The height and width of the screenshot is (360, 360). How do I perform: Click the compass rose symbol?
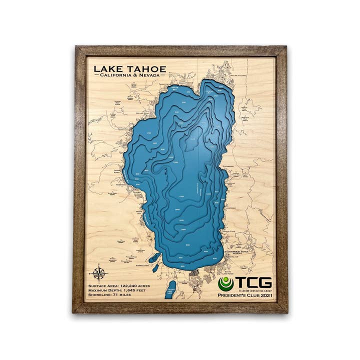point(99,272)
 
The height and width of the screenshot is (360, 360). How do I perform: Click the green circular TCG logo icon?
point(225,284)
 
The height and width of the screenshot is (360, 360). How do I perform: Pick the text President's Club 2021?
point(245,297)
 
